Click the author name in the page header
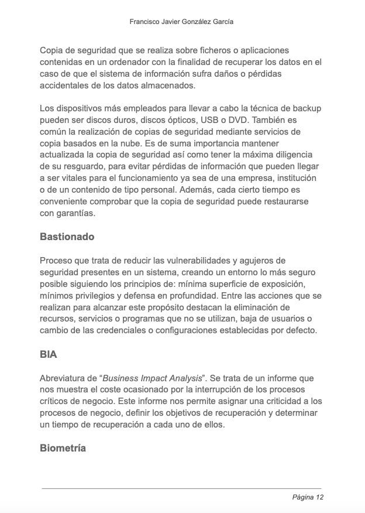pyautogui.click(x=181, y=21)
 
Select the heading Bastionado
pyautogui.click(x=67, y=237)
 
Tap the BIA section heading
pyautogui.click(x=49, y=355)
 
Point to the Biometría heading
pyautogui.click(x=63, y=449)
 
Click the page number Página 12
pyautogui.click(x=308, y=498)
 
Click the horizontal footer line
pyautogui.click(x=181, y=488)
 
